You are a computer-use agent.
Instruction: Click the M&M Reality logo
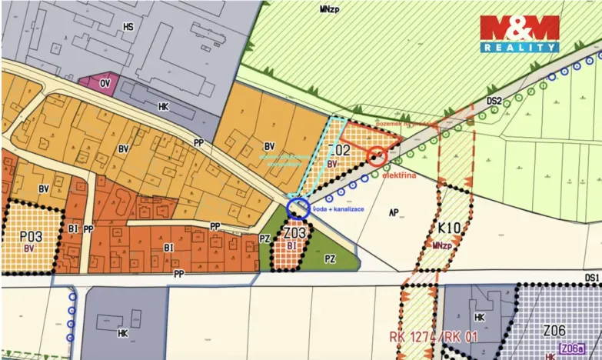click(x=520, y=34)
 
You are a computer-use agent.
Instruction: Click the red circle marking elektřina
click(x=376, y=157)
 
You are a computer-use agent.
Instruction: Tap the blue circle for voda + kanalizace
click(x=298, y=208)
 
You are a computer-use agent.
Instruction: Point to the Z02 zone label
click(x=339, y=150)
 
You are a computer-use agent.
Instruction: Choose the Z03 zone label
click(x=295, y=232)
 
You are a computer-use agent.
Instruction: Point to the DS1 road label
click(x=590, y=277)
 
